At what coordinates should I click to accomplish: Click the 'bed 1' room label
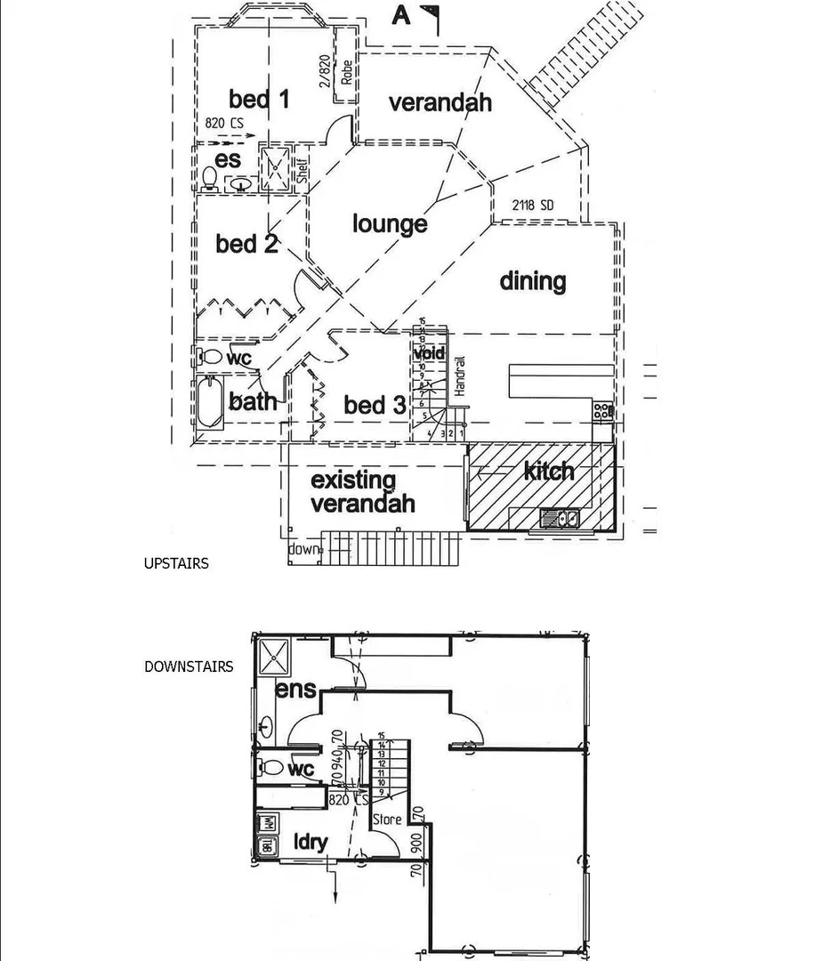[259, 99]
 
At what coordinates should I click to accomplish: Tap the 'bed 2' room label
[246, 243]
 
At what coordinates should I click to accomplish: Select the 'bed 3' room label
[374, 406]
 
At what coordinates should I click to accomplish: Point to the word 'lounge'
[390, 224]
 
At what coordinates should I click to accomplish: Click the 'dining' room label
[532, 281]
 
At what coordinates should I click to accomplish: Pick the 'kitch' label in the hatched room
[548, 471]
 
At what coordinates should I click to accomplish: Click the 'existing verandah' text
[362, 492]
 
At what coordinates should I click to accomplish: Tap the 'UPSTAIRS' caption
[176, 563]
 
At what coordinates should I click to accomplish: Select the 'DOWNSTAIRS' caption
[189, 666]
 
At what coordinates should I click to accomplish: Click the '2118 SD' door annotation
[532, 206]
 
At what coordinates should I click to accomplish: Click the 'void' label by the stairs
[429, 353]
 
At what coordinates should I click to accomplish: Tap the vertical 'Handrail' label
[461, 376]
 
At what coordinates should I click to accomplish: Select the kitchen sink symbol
[560, 517]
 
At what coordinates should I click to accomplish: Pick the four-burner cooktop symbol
[603, 410]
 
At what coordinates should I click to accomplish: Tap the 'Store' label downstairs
[387, 819]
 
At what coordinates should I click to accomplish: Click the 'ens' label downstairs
[295, 690]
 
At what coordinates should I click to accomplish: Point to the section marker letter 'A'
[401, 16]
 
